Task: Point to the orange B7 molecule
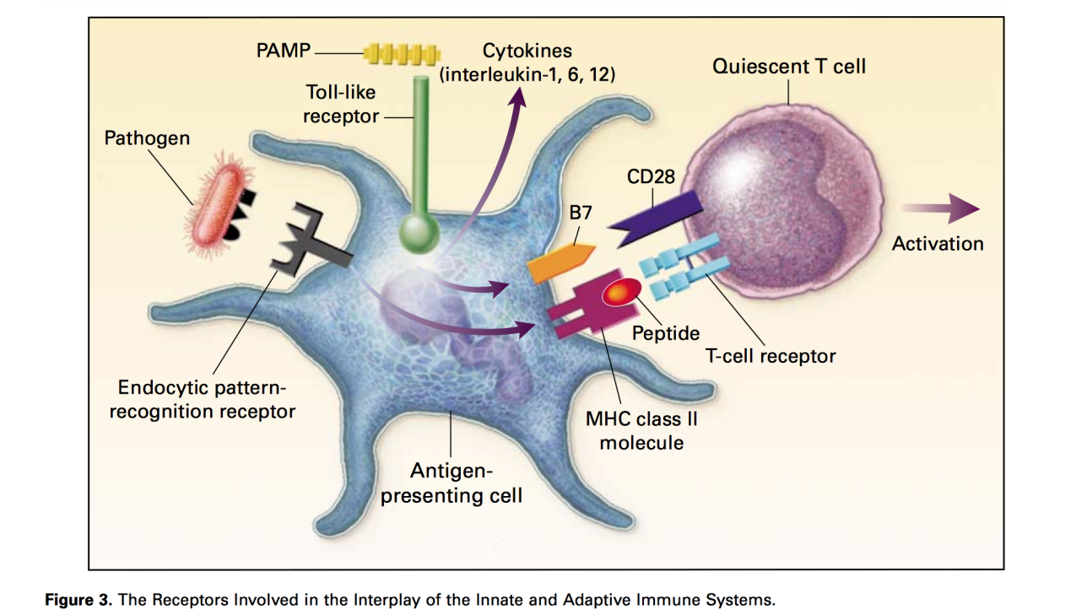pyautogui.click(x=560, y=262)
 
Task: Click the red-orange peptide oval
pyautogui.click(x=621, y=292)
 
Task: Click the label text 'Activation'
pyautogui.click(x=938, y=244)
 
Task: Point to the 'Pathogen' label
pyautogui.click(x=147, y=138)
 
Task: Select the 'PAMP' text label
pyautogui.click(x=283, y=51)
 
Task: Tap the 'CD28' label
pyautogui.click(x=650, y=177)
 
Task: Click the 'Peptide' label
pyautogui.click(x=666, y=332)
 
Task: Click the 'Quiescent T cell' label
pyautogui.click(x=788, y=67)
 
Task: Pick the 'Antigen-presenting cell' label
pyautogui.click(x=451, y=483)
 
